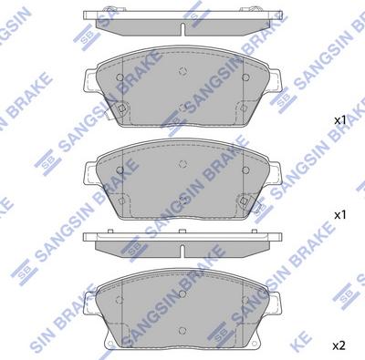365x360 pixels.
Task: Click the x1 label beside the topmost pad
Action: point(339,120)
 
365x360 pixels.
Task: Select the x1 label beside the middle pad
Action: point(339,215)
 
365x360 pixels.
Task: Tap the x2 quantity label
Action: point(339,346)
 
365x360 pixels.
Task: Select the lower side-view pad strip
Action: point(182,240)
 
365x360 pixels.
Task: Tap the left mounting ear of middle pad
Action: point(90,173)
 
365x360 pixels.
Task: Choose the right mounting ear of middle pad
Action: point(276,173)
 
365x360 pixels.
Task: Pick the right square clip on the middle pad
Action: point(245,201)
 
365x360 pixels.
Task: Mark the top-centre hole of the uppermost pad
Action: point(182,75)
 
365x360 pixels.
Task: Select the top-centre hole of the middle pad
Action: point(182,166)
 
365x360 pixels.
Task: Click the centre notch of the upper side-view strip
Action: point(182,23)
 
